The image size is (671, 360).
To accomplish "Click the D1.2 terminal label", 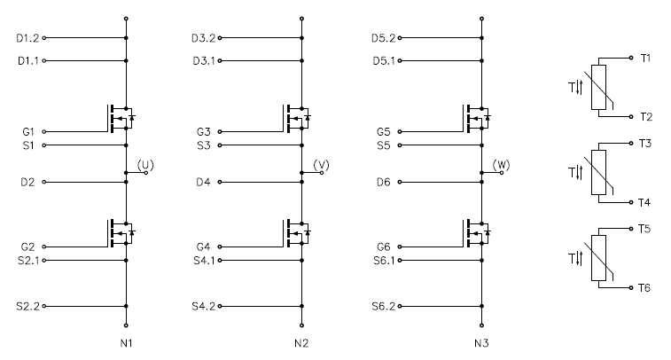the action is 27,38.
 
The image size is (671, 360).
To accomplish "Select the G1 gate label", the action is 28,132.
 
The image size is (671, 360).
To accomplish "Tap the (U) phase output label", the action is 145,165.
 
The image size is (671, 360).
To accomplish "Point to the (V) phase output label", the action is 322,165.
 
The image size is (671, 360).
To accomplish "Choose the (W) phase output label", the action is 501,165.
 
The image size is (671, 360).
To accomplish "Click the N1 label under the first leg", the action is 126,343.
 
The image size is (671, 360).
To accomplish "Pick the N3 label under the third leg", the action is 481,343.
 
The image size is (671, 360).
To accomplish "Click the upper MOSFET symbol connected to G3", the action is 296,118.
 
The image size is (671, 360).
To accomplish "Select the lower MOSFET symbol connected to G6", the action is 476,233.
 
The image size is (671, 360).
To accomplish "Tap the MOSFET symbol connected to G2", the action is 121,233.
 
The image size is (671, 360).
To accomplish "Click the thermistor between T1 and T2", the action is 598,87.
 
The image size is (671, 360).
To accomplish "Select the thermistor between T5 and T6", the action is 598,258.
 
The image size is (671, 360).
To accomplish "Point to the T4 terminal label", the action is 644,202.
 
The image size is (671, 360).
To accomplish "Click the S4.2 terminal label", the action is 204,307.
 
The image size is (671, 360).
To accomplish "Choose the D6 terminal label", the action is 384,183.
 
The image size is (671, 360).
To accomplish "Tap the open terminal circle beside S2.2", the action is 44,307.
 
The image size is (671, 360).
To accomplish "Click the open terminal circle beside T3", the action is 631,144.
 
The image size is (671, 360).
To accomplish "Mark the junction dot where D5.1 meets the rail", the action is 481,61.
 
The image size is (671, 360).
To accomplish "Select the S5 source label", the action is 384,145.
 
